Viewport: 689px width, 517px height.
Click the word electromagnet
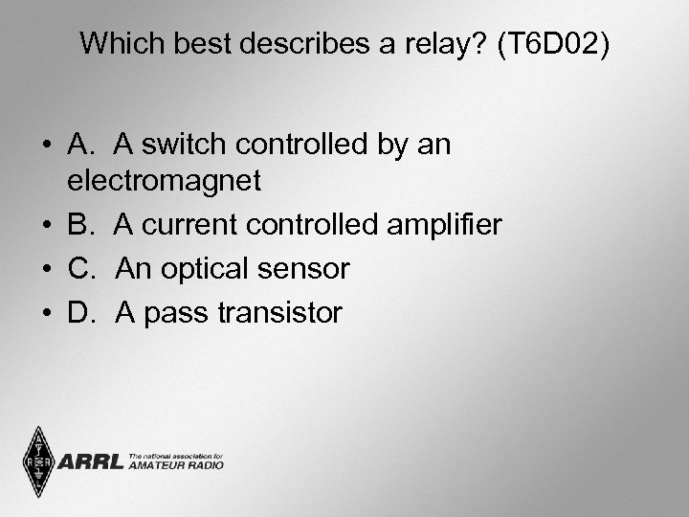[x=165, y=179]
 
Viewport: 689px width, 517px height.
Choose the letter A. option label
[x=82, y=146]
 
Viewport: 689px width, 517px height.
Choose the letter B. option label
[x=82, y=225]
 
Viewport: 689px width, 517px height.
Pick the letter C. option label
[x=83, y=269]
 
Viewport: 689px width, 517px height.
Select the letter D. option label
[x=83, y=312]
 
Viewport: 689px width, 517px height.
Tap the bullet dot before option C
[x=47, y=270]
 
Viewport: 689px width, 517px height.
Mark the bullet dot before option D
[x=47, y=313]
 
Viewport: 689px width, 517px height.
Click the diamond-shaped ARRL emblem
[x=37, y=461]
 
